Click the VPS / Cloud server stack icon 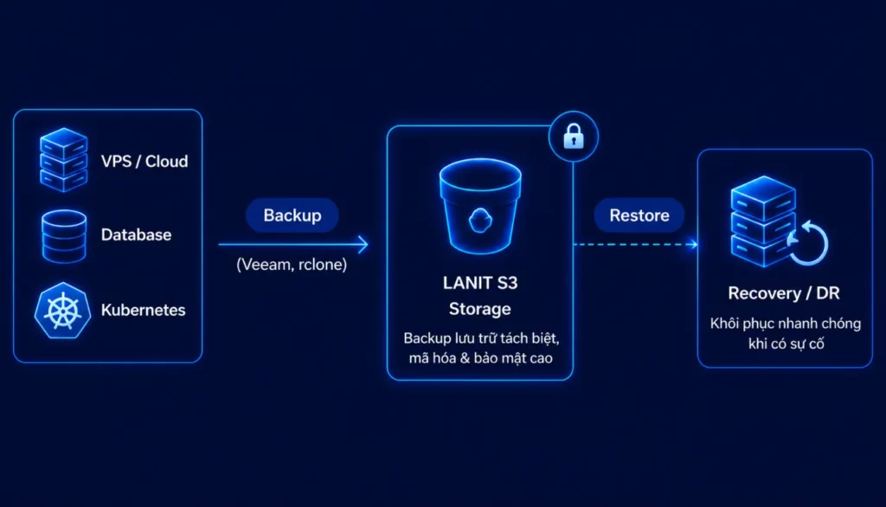63,160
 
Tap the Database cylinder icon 64,236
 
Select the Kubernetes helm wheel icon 62,311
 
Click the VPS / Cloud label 144,162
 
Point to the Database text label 136,234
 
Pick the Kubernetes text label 143,310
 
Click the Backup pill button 292,215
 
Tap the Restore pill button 639,215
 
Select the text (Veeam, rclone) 292,265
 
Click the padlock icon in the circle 574,136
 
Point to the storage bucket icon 480,206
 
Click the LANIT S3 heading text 480,283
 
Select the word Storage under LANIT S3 479,309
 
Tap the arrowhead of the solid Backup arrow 363,245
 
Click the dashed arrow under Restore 636,245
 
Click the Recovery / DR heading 784,292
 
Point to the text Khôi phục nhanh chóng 786,324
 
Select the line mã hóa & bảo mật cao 481,358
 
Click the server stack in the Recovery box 763,221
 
